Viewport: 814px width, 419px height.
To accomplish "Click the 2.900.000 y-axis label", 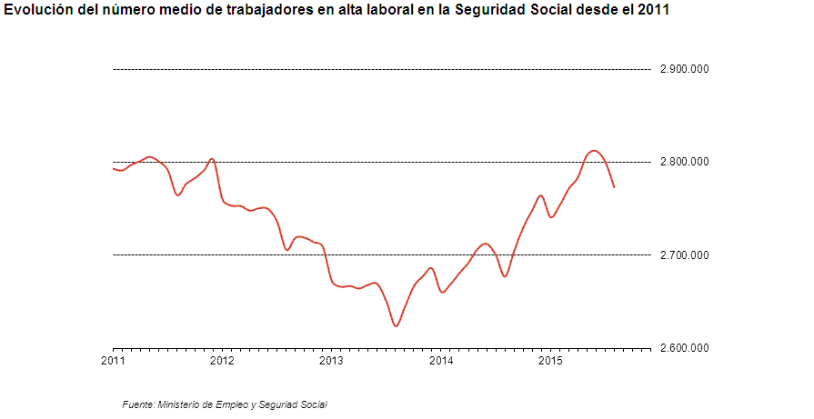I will coord(683,69).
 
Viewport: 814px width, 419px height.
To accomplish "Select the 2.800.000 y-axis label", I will coord(683,162).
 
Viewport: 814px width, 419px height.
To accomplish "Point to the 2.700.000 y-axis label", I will coord(683,255).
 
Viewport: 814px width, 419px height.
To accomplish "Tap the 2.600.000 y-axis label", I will coord(683,348).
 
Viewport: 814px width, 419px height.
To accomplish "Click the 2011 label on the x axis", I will coord(113,361).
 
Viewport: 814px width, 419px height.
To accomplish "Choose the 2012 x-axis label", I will coord(222,361).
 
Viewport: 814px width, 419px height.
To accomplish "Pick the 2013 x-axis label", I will coord(331,361).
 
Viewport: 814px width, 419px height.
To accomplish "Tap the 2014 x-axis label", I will coord(441,361).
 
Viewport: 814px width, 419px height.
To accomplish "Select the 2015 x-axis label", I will coord(550,361).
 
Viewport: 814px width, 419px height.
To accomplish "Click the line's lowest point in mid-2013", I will coord(396,325).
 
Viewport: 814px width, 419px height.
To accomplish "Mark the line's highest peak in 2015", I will coord(593,151).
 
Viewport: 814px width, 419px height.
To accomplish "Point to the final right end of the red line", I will coord(615,187).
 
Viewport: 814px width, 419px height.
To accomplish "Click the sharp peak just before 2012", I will coord(212,159).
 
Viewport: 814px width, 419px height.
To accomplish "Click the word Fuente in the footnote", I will coord(137,404).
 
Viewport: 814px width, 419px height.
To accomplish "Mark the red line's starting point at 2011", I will coord(114,168).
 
